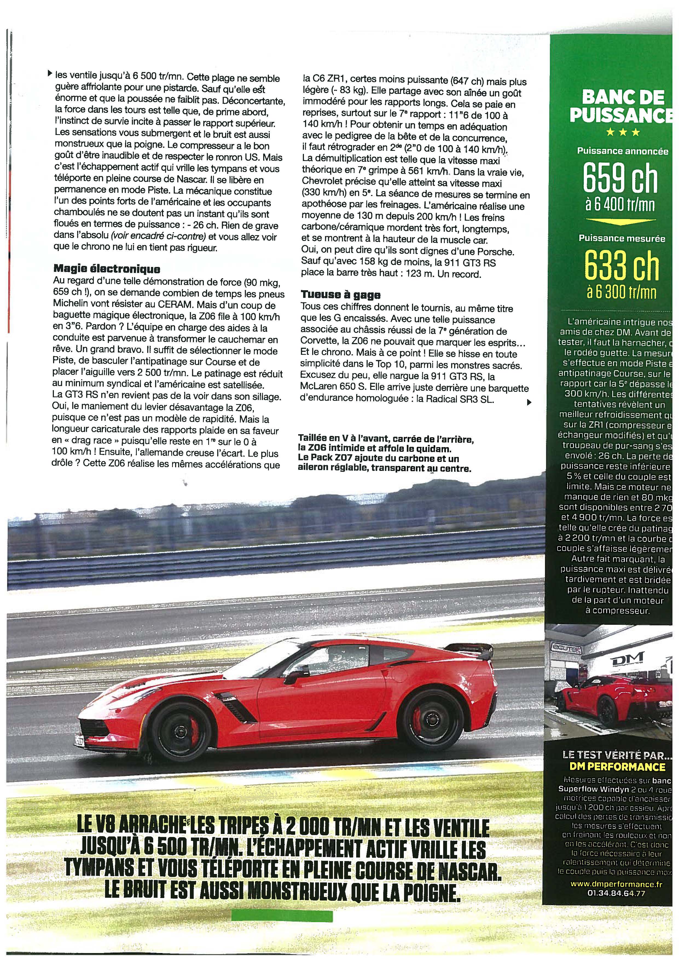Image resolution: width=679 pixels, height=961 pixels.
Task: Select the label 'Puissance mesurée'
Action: (x=622, y=238)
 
